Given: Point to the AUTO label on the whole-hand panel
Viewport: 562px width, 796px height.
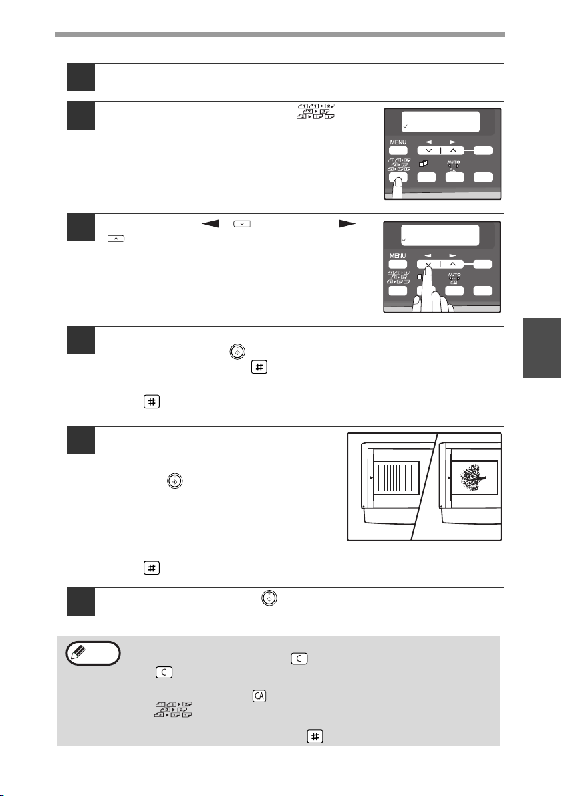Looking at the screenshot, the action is click(x=455, y=274).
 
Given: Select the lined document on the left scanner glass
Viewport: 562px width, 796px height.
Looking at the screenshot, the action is click(x=394, y=479).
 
